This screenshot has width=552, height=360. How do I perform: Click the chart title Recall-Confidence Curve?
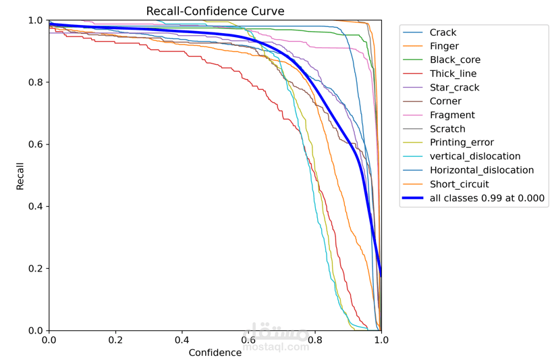coord(215,11)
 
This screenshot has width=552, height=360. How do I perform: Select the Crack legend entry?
coord(443,32)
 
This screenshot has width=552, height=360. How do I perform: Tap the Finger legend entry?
coord(444,46)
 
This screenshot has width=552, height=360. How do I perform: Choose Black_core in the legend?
coord(455,60)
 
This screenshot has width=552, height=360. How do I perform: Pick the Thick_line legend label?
coord(453,74)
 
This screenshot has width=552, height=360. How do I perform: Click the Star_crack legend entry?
coord(454,88)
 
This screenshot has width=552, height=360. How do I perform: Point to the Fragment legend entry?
coord(452,115)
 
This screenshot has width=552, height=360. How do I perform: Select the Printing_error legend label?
coord(462,143)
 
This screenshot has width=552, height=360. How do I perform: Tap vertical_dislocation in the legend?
coord(475,157)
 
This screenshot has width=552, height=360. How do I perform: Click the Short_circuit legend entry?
coord(459,184)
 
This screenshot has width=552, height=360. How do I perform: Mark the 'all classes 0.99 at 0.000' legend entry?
coord(487,198)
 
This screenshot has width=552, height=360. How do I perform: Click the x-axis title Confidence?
coord(215,353)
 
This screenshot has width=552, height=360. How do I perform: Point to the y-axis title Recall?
coord(20,176)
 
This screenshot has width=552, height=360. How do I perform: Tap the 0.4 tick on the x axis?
coord(182,340)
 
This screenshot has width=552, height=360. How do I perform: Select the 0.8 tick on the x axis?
coord(314,340)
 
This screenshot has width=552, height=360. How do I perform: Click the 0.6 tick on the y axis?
coord(35,145)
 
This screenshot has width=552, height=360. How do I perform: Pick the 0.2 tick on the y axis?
coord(35,269)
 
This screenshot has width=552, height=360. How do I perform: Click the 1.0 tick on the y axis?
coord(35,20)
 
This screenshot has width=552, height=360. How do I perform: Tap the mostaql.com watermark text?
coord(276,346)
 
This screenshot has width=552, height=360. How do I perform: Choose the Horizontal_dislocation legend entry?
coord(481,170)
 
